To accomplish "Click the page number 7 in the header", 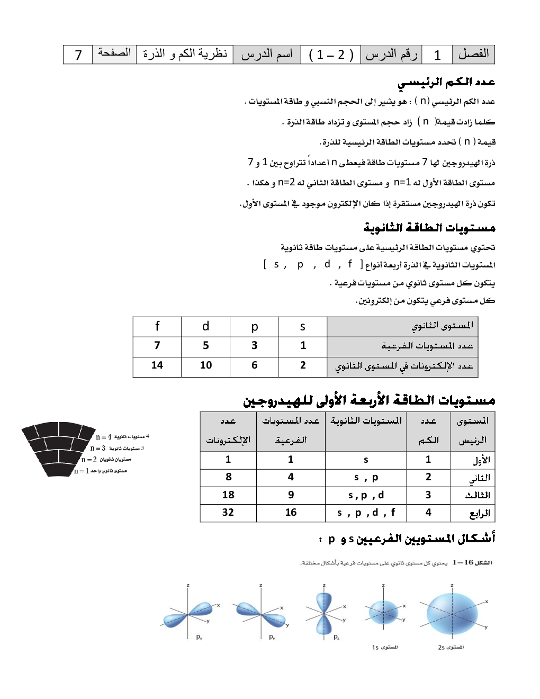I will pyautogui.click(x=78, y=55).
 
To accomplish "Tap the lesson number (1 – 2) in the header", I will pyautogui.click(x=331, y=55).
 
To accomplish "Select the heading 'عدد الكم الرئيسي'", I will pyautogui.click(x=446, y=82).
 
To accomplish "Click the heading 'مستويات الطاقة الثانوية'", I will pyautogui.click(x=429, y=228).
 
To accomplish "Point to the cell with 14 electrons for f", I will pyautogui.click(x=157, y=365).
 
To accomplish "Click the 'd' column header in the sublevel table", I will pyautogui.click(x=206, y=326).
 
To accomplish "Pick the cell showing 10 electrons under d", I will pyautogui.click(x=206, y=365).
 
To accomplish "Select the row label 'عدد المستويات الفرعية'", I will pyautogui.click(x=427, y=346).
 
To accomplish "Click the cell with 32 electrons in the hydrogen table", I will pyautogui.click(x=228, y=513).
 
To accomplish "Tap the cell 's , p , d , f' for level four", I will pyautogui.click(x=366, y=513).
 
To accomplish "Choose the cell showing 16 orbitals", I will pyautogui.click(x=291, y=513).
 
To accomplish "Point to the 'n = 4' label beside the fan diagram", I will pyautogui.click(x=104, y=437).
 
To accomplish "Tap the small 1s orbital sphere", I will pyautogui.click(x=383, y=613).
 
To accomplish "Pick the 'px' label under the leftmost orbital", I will pyautogui.click(x=199, y=637).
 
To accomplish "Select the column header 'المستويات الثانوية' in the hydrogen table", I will pyautogui.click(x=366, y=421).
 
